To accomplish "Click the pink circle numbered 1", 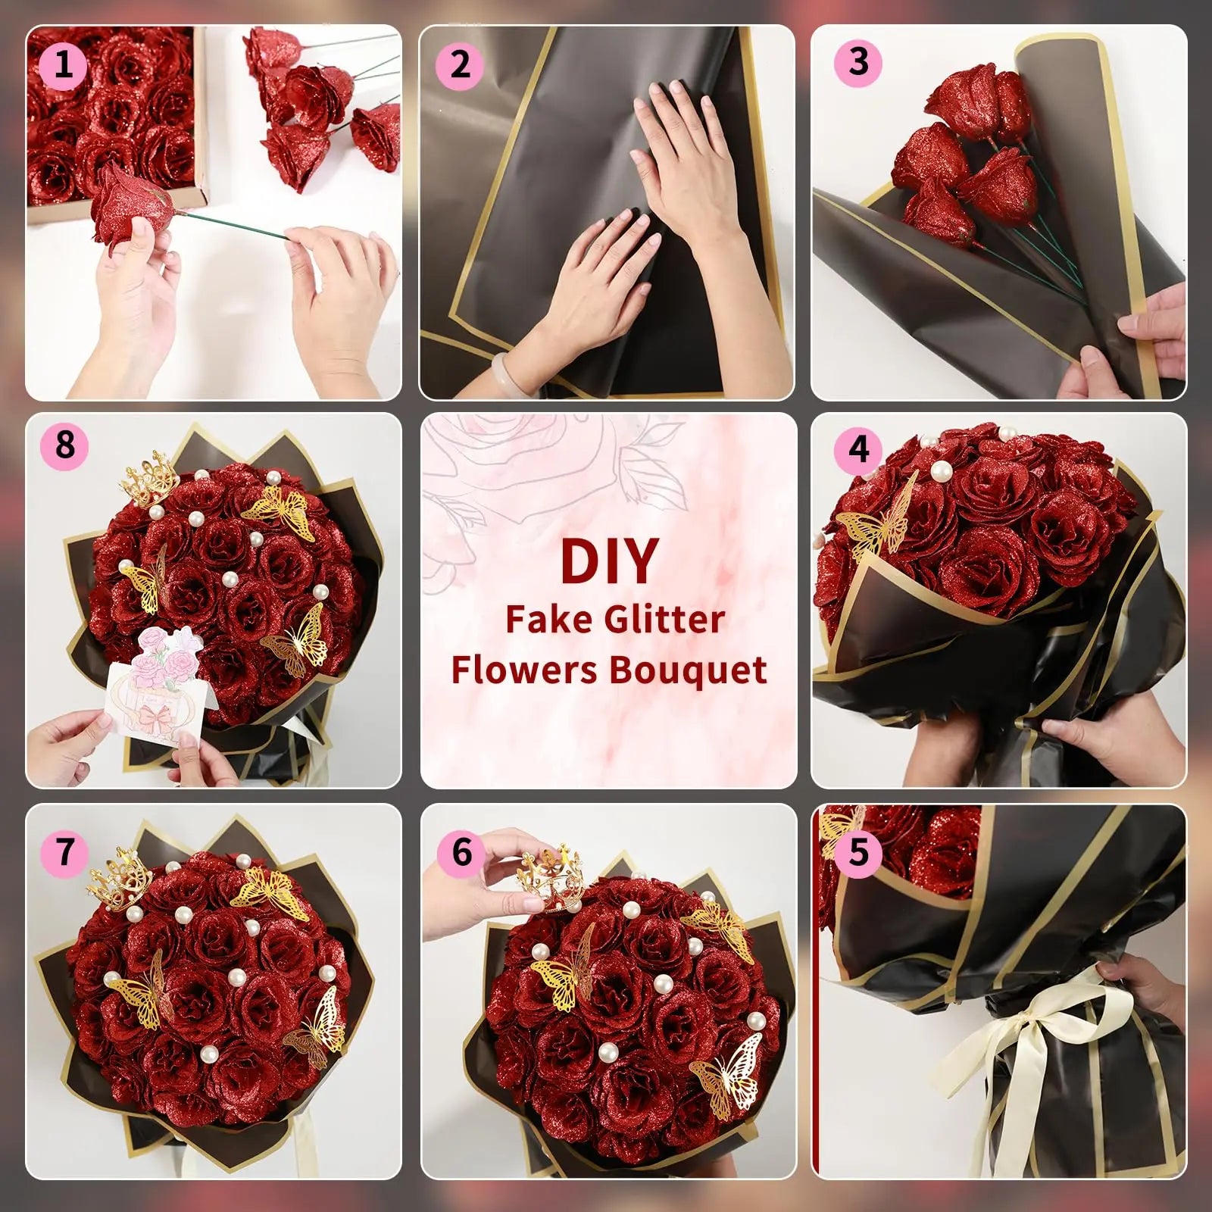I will [x=63, y=64].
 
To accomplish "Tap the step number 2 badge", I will [x=459, y=64].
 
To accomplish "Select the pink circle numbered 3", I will [x=857, y=62].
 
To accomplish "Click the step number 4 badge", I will [x=857, y=450].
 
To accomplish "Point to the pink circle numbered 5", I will [x=857, y=853].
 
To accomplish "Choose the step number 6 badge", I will [x=461, y=852].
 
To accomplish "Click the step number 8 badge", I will [x=64, y=445].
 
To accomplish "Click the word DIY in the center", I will [x=608, y=561].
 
